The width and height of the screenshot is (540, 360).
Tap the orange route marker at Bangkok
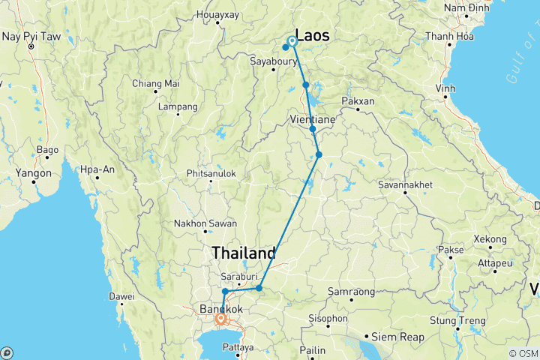[x=220, y=319]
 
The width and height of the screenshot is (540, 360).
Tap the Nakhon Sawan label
[x=205, y=223]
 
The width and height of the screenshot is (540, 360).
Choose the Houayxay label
[x=217, y=14]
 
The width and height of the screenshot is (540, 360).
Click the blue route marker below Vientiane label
[x=313, y=129]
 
